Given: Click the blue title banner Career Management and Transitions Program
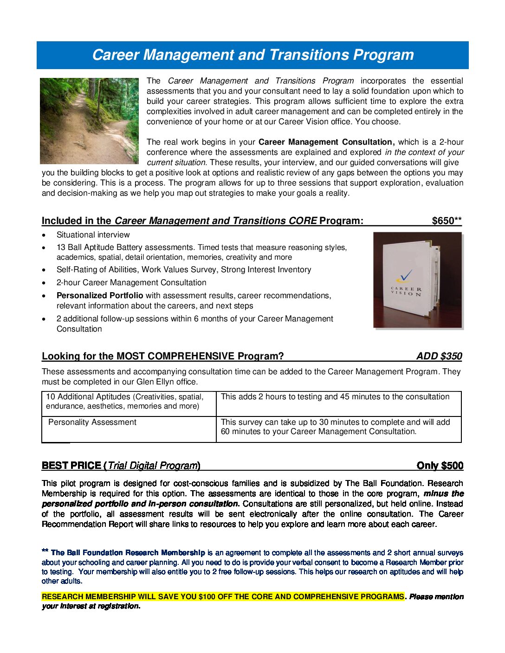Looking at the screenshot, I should (x=252, y=55).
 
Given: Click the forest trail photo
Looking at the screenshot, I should (x=89, y=121).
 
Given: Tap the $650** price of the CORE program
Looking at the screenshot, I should (x=447, y=221).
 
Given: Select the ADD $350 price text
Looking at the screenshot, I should (x=439, y=356).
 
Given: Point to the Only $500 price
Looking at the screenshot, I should (x=440, y=466).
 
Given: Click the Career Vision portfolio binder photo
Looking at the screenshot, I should (x=418, y=280).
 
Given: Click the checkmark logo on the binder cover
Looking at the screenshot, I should (x=404, y=276).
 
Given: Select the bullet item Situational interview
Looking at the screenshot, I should (x=93, y=235).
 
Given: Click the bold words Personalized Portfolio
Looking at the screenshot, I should (x=100, y=295).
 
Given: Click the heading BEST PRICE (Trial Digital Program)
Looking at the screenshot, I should (x=121, y=466).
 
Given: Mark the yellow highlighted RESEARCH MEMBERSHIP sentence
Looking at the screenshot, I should (x=223, y=596).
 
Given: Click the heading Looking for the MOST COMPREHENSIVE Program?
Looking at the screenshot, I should (x=162, y=356).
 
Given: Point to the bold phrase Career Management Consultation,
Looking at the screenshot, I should (x=326, y=142).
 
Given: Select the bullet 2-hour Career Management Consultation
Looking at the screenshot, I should (x=131, y=282).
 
